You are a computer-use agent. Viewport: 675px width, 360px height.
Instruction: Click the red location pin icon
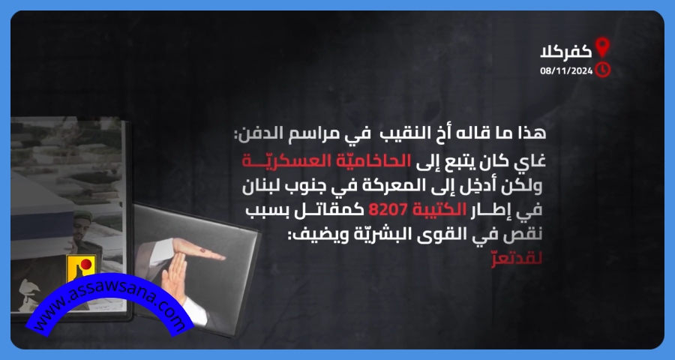pyautogui.click(x=602, y=47)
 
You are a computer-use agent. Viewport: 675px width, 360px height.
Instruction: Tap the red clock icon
pyautogui.click(x=603, y=70)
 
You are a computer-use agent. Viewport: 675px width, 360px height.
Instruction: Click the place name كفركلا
pyautogui.click(x=566, y=52)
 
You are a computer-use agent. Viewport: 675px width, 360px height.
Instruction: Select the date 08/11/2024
pyautogui.click(x=566, y=70)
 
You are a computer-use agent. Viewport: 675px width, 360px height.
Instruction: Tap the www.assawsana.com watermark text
pyautogui.click(x=109, y=306)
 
